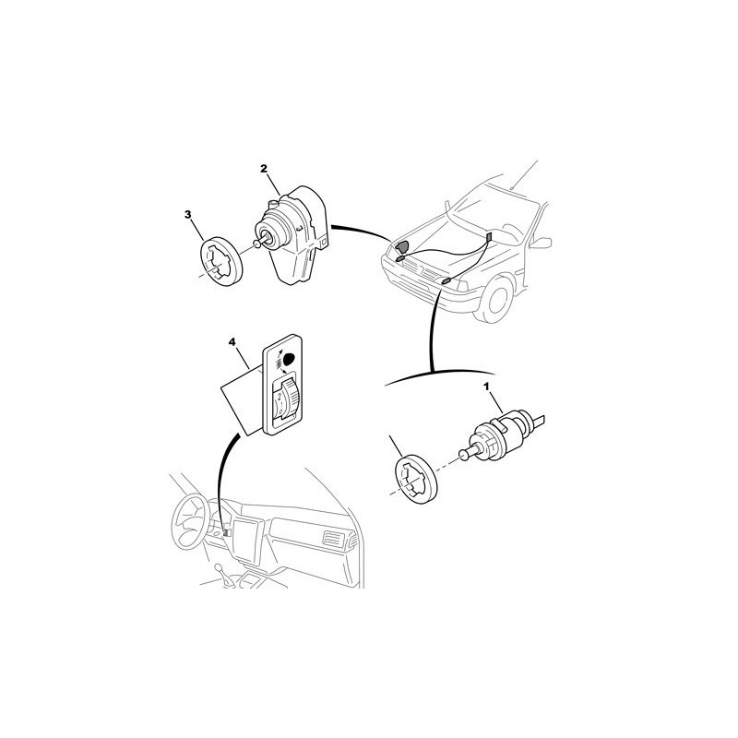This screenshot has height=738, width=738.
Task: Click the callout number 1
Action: coord(487,387)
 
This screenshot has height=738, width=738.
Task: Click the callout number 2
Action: coord(264,168)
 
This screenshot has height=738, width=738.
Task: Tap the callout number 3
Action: coord(188,215)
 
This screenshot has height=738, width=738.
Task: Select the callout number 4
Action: coord(232,342)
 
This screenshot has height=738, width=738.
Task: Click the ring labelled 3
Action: coord(221,261)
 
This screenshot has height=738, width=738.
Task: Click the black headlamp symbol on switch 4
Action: coord(290,359)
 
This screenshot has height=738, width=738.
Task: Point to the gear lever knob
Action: coord(219,567)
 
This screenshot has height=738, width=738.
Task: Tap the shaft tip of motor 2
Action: coord(257,243)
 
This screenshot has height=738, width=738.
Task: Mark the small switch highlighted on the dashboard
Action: coord(227,531)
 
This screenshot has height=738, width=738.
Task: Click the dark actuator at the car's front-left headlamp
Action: coord(402,247)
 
